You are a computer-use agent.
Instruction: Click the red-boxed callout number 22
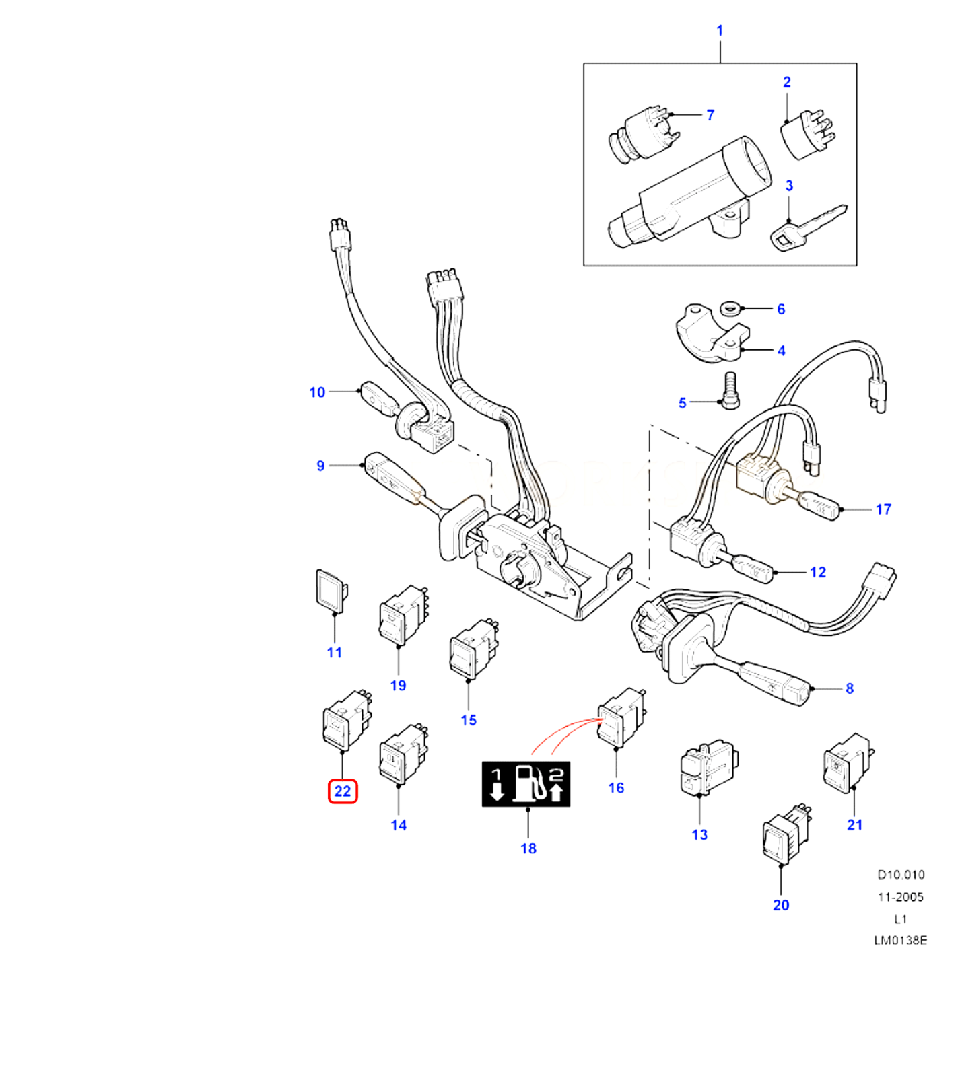click(x=342, y=791)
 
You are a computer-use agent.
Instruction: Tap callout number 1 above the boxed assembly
click(x=719, y=31)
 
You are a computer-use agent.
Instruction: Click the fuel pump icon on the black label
click(x=529, y=783)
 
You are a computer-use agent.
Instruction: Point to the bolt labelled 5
click(x=730, y=390)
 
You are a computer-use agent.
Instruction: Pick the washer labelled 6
click(x=729, y=309)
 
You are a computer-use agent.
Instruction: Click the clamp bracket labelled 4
click(x=710, y=334)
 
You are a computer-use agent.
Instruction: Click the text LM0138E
click(x=900, y=940)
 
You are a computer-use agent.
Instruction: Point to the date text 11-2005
click(x=900, y=897)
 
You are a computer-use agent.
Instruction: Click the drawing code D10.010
click(x=901, y=875)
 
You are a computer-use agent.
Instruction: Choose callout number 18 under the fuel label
click(x=528, y=849)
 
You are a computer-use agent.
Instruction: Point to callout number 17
click(x=883, y=509)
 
